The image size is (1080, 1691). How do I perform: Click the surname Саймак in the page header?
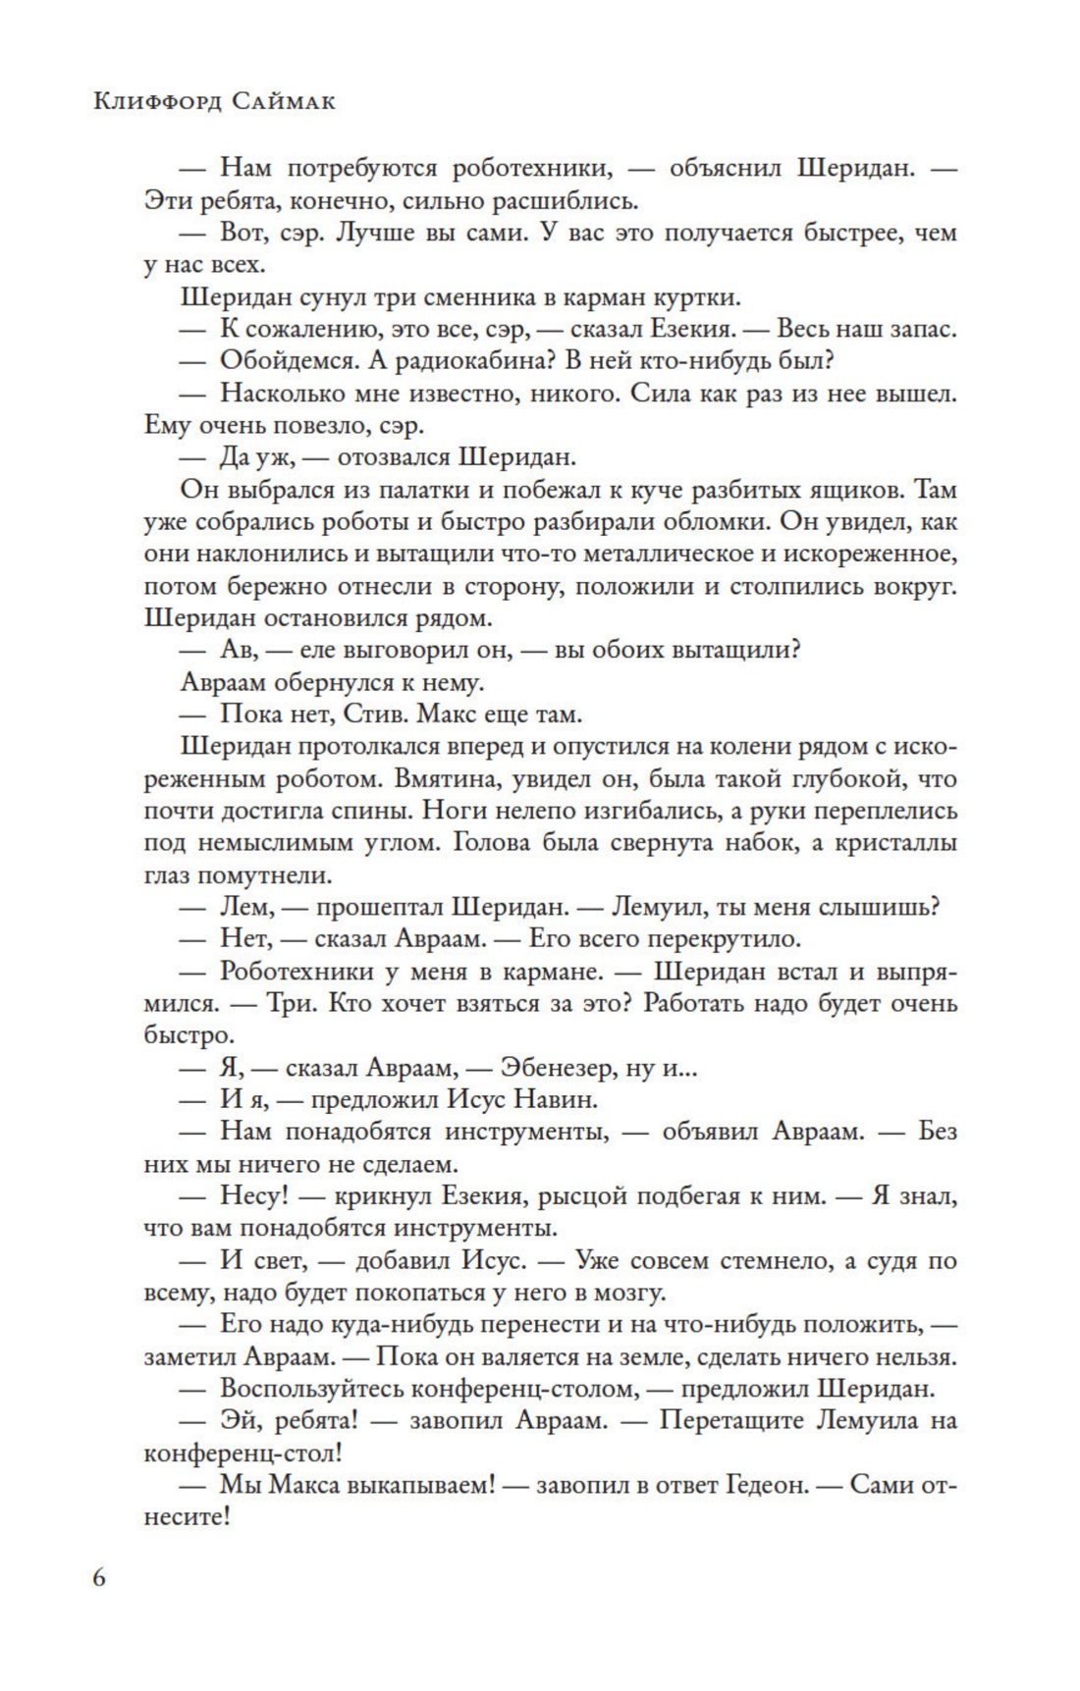pyautogui.click(x=284, y=101)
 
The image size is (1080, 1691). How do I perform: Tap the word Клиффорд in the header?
pyautogui.click(x=156, y=101)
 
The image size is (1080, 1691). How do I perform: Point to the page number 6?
pyautogui.click(x=101, y=1578)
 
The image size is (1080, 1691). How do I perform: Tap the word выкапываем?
pyautogui.click(x=424, y=1485)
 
